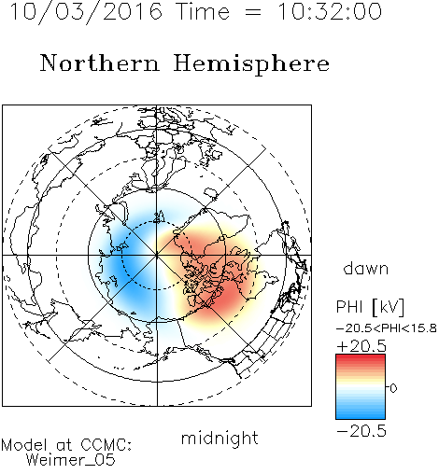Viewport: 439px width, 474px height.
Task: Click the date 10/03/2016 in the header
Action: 86,12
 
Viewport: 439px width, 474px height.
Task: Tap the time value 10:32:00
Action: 330,12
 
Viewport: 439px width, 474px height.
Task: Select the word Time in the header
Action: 203,12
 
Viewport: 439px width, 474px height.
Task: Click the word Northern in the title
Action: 100,63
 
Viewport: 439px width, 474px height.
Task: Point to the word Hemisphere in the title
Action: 251,64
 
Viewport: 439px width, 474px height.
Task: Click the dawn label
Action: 366,268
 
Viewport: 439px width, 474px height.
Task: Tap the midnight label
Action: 219,438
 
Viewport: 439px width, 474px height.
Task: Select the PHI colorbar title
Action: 349,307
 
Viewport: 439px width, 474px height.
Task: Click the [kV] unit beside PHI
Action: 389,307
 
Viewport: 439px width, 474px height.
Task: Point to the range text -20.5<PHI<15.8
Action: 387,328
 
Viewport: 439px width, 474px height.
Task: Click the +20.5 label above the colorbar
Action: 361,346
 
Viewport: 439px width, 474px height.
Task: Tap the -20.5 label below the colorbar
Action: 361,431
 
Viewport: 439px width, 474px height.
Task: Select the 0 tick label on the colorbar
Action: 393,388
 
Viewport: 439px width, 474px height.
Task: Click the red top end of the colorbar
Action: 361,356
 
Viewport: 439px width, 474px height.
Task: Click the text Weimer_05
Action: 71,460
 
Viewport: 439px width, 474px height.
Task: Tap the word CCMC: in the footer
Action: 106,445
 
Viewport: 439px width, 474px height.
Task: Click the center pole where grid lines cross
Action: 157,255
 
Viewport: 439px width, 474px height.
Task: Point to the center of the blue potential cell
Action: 124,264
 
